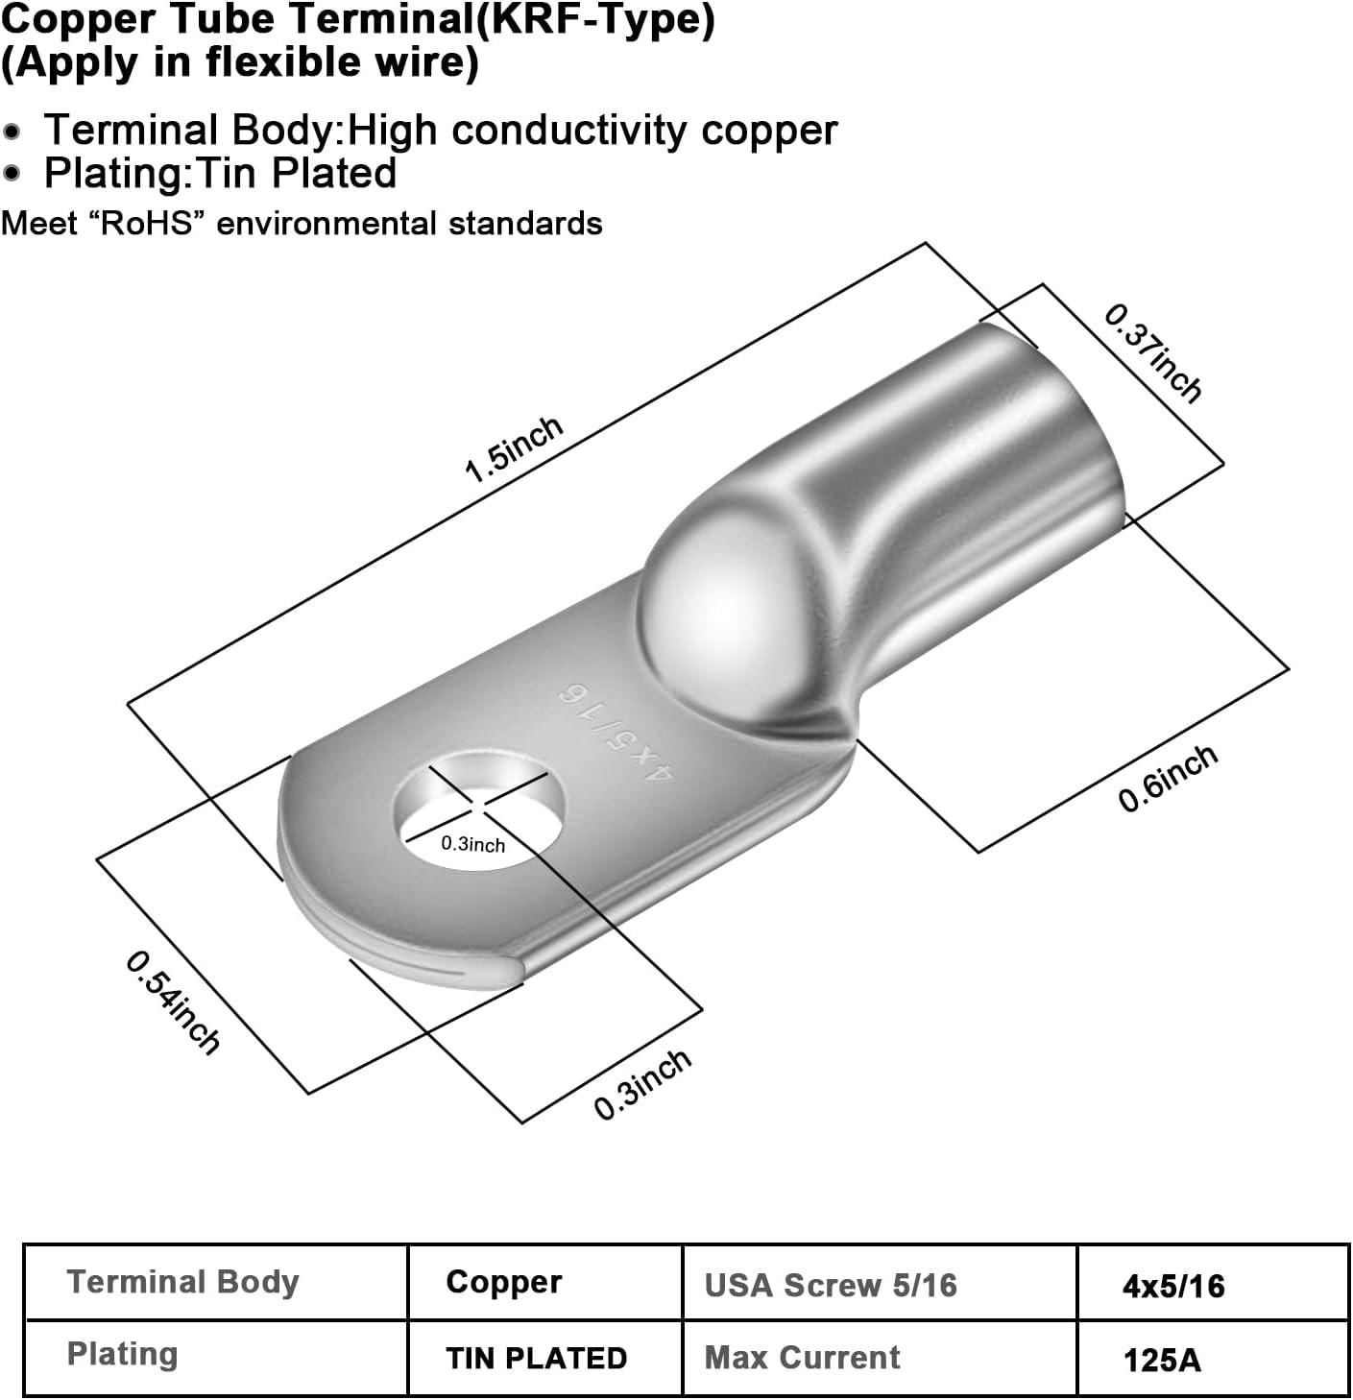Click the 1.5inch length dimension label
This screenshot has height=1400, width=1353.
(514, 449)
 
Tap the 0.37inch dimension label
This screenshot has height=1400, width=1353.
(1152, 352)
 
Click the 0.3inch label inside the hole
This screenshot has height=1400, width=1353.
(472, 844)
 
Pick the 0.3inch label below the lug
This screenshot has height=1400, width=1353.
(642, 1083)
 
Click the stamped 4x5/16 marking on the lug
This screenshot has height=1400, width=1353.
(614, 734)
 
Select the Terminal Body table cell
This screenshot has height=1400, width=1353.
(183, 1282)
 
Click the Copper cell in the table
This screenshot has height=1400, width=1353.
(504, 1282)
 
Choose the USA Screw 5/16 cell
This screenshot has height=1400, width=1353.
(831, 1285)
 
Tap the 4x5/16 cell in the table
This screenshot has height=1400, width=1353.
(1173, 1286)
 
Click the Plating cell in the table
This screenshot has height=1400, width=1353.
(123, 1354)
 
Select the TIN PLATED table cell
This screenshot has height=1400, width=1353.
(536, 1358)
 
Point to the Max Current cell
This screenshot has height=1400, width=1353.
(802, 1358)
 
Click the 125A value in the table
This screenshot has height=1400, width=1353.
(1162, 1360)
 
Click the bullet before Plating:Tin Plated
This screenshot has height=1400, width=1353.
(12, 174)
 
